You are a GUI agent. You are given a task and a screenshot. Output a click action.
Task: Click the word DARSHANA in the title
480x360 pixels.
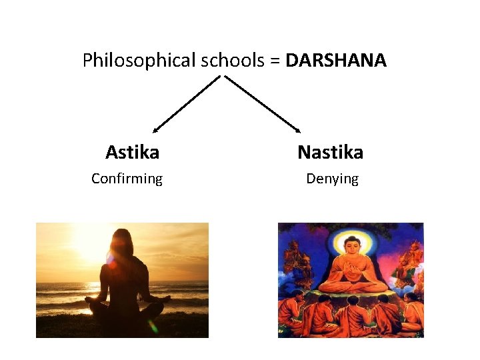(x=336, y=61)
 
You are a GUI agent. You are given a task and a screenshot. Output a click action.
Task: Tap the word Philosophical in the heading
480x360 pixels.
(x=139, y=61)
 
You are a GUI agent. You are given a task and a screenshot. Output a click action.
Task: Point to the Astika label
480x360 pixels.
(x=132, y=153)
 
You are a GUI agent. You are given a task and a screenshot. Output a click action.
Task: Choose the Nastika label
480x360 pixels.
(x=330, y=153)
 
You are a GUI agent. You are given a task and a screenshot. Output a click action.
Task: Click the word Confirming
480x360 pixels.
(x=127, y=179)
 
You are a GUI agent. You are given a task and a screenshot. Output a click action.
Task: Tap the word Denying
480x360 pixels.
(x=332, y=179)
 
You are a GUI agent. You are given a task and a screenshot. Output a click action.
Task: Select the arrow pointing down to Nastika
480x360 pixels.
(x=263, y=103)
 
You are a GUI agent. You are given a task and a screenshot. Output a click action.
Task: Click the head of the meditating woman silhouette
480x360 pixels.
(x=123, y=241)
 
